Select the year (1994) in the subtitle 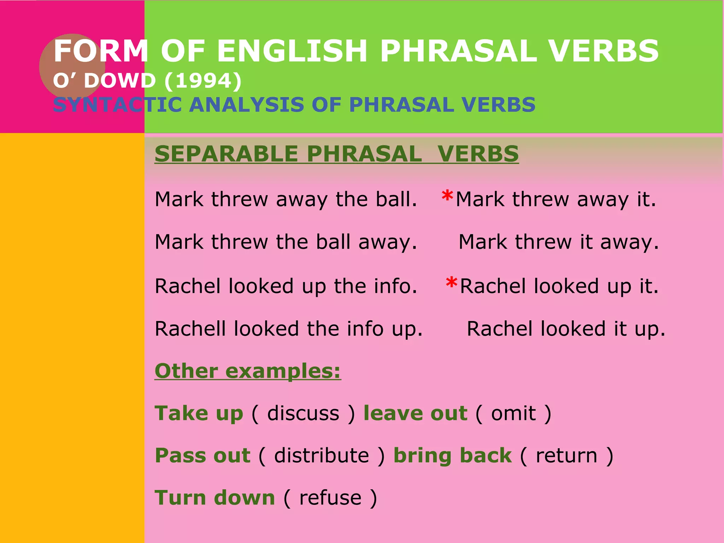pos(203,81)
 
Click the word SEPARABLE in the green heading pos(227,154)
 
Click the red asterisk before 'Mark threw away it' pos(447,195)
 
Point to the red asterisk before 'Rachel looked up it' pos(451,282)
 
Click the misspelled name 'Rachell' pos(191,329)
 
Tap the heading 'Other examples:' pos(248,371)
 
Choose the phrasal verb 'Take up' pos(199,413)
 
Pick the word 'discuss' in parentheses pos(303,413)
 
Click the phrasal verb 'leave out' pos(415,413)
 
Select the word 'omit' pos(513,413)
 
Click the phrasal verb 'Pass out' pos(203,455)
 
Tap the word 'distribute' pos(322,455)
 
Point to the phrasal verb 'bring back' pos(452,455)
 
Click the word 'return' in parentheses pos(567,455)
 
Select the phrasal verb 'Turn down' pos(215,498)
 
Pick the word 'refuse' pos(331,498)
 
